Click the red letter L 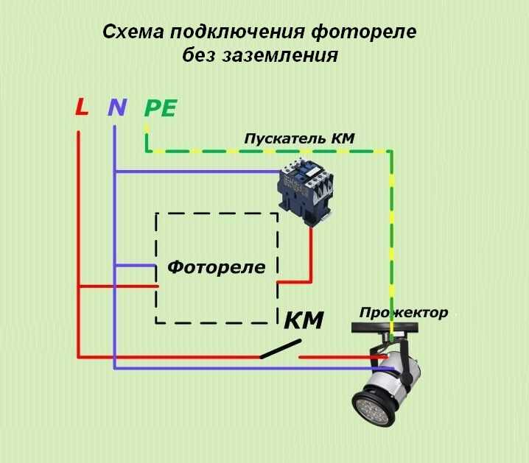(82, 107)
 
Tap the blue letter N (117, 107)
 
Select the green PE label (161, 108)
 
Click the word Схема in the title (133, 32)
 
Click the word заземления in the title (280, 55)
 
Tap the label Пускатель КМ (299, 138)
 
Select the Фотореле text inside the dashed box (217, 267)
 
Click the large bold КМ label (304, 320)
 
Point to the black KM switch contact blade (281, 349)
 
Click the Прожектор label (404, 313)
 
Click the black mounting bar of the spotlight (385, 328)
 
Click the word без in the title (199, 54)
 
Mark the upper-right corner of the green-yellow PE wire (391, 152)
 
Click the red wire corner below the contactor (311, 282)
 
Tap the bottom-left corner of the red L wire (79, 357)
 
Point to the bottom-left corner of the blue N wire (115, 368)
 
